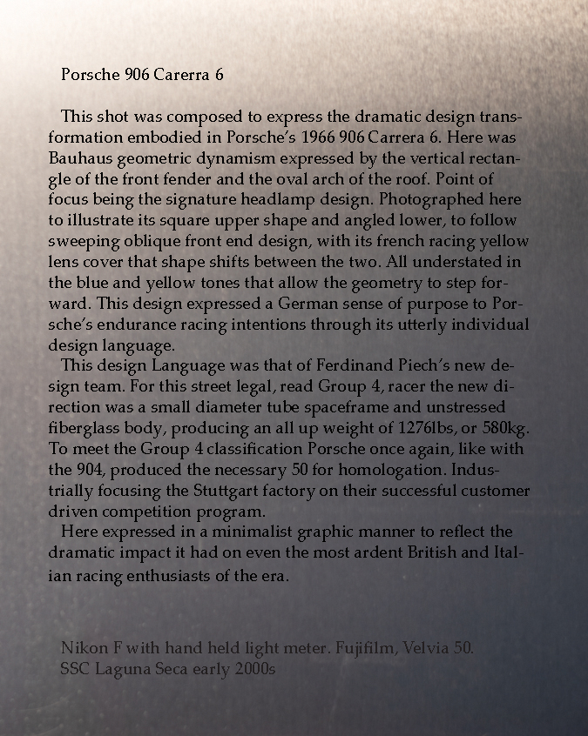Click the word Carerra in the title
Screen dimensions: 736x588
[181, 75]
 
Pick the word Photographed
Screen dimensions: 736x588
[421, 200]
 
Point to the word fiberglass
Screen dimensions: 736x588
[88, 428]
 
